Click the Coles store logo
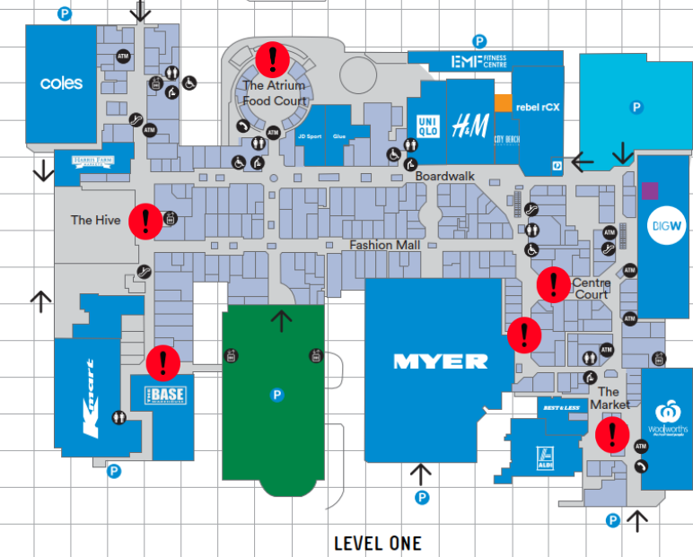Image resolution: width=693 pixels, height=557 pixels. click(x=61, y=83)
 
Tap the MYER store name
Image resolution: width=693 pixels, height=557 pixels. click(x=441, y=361)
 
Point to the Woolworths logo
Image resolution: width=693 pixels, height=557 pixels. click(x=666, y=415)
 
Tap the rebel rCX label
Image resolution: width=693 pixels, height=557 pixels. click(x=539, y=107)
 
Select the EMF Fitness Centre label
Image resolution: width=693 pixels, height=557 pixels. click(x=480, y=62)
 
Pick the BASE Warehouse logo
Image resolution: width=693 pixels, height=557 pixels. click(x=162, y=395)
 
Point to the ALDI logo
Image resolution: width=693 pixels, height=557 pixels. click(x=542, y=455)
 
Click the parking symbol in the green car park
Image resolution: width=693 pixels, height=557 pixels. click(x=274, y=394)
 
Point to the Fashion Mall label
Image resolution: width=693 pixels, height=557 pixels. click(x=385, y=245)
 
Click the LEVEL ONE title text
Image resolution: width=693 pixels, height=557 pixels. click(x=377, y=544)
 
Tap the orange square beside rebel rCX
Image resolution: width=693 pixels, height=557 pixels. click(x=504, y=103)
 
